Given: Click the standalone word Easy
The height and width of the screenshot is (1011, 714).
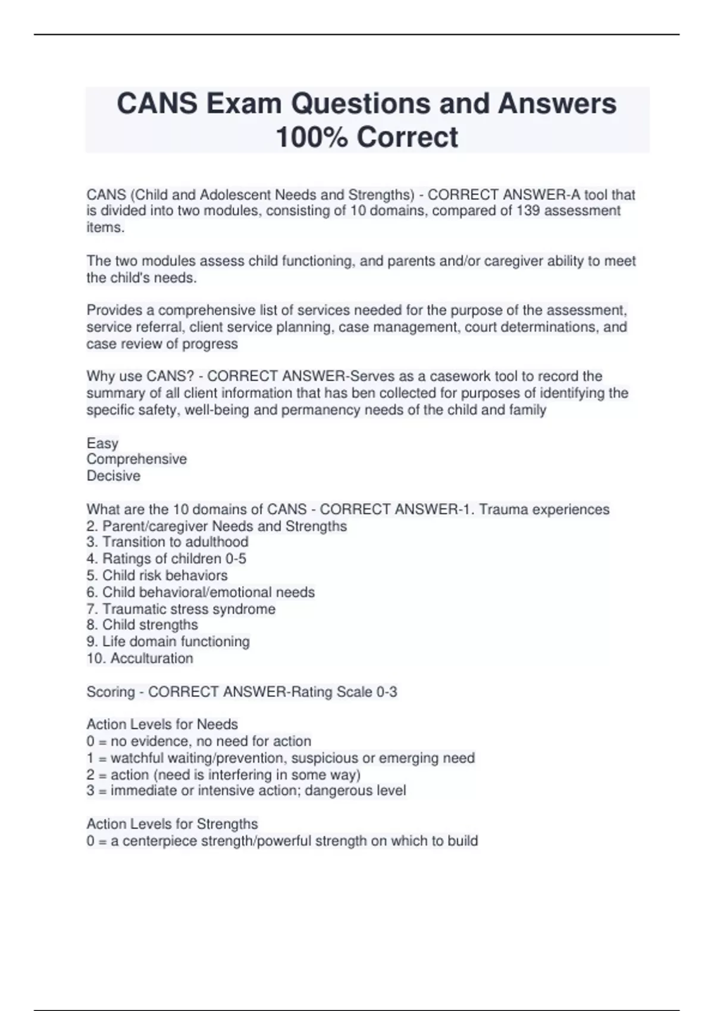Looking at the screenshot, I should (102, 443).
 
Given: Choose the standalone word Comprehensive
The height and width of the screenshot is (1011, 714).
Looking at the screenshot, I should (137, 459).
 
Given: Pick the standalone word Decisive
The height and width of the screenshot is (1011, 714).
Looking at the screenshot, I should (114, 476).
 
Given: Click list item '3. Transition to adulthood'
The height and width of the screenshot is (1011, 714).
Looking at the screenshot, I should (167, 542).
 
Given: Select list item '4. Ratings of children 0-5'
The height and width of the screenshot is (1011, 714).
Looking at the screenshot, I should (166, 558).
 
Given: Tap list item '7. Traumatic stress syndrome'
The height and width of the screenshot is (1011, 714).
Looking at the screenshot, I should (181, 609).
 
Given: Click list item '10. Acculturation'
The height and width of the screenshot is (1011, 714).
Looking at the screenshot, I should (140, 658).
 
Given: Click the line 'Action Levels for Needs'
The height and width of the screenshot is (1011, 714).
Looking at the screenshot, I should (162, 724).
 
